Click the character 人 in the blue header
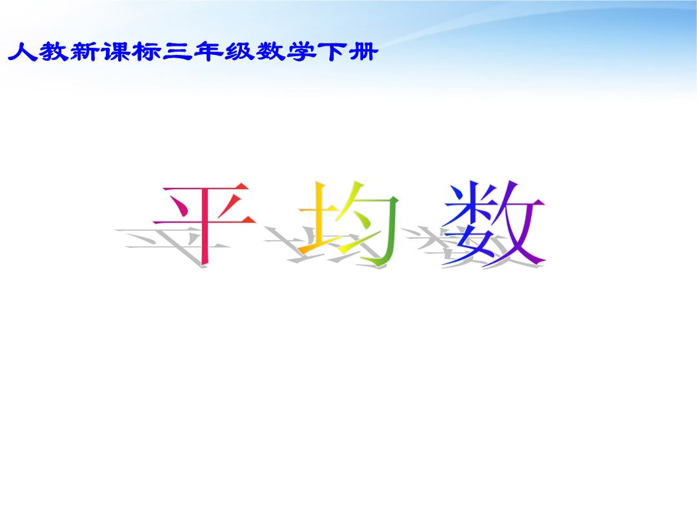click(22, 52)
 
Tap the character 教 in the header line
click(54, 52)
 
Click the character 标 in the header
click(146, 52)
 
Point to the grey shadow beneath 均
click(325, 247)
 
